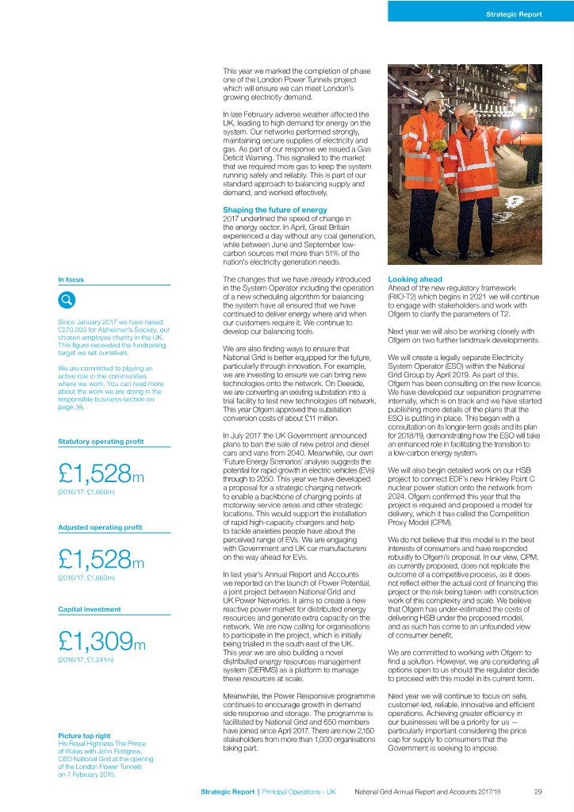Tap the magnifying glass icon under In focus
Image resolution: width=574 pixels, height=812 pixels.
(67, 301)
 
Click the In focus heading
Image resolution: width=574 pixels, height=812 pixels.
(71, 279)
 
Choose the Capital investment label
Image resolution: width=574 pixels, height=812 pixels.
(85, 609)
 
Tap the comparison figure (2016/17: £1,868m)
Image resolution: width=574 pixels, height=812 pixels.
(87, 493)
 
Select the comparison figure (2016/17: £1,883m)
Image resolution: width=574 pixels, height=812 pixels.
(87, 578)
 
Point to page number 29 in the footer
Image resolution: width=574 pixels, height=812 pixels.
(538, 791)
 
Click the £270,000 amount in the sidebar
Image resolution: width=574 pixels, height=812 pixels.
(74, 329)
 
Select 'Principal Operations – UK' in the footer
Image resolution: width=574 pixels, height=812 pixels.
(300, 791)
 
